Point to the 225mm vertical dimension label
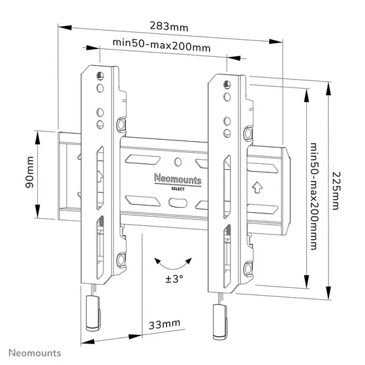(x=336, y=185)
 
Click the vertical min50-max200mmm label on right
(x=314, y=183)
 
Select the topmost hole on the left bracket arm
(x=99, y=74)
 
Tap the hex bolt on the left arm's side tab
(x=121, y=123)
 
